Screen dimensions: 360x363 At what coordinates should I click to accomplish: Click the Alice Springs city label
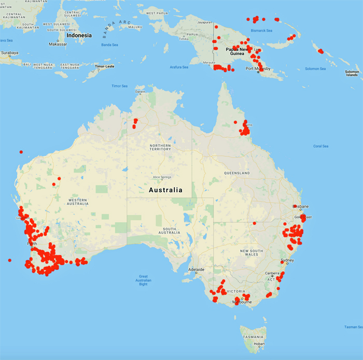point(161,177)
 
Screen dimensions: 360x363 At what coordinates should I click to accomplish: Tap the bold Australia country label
point(165,190)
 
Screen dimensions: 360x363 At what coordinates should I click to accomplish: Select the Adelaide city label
point(196,270)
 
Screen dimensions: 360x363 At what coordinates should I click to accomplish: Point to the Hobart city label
point(259,343)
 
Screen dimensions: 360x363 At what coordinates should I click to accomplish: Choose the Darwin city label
point(141,92)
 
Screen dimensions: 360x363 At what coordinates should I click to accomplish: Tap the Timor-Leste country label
point(104,66)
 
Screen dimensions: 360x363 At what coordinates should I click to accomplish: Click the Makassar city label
point(58,44)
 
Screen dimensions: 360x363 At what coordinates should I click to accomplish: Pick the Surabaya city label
point(9,53)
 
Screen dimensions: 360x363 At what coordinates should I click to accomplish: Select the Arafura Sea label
point(179,67)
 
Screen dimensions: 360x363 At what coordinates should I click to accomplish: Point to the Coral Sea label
point(320,146)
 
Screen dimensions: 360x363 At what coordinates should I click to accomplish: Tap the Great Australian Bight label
point(143,280)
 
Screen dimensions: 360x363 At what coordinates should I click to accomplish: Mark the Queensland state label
point(237,173)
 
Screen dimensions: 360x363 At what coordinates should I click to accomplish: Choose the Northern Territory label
point(160,147)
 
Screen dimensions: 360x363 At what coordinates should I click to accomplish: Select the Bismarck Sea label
point(261,31)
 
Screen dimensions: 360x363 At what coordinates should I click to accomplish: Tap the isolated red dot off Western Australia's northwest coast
point(21,152)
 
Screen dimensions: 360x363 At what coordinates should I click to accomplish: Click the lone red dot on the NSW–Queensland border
point(255,223)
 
